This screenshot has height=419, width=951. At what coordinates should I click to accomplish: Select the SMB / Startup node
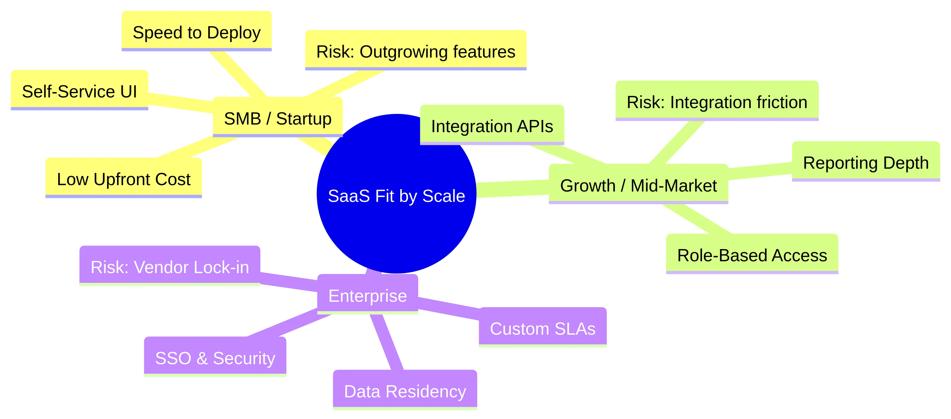coord(278,118)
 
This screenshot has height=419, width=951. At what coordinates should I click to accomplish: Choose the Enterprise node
coord(367,295)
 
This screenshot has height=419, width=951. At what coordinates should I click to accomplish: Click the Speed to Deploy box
coord(196,32)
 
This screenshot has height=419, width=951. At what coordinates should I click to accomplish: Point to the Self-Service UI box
coord(79,91)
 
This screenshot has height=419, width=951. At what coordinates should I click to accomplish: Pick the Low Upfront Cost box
coord(123,178)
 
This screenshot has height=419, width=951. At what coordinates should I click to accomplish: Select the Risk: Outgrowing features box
coord(415,51)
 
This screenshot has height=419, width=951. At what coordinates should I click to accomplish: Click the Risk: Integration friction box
coord(717,101)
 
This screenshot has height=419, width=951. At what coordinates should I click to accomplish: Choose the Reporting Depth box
coord(865,162)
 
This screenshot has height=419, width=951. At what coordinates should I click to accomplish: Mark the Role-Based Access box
coord(752,255)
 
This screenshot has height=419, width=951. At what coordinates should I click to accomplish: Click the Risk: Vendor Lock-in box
coord(169,266)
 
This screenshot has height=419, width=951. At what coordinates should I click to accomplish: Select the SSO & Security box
coord(215,357)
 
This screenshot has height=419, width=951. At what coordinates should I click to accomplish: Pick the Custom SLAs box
coord(542,328)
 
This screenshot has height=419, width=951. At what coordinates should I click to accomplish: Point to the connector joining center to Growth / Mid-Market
coord(513,188)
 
